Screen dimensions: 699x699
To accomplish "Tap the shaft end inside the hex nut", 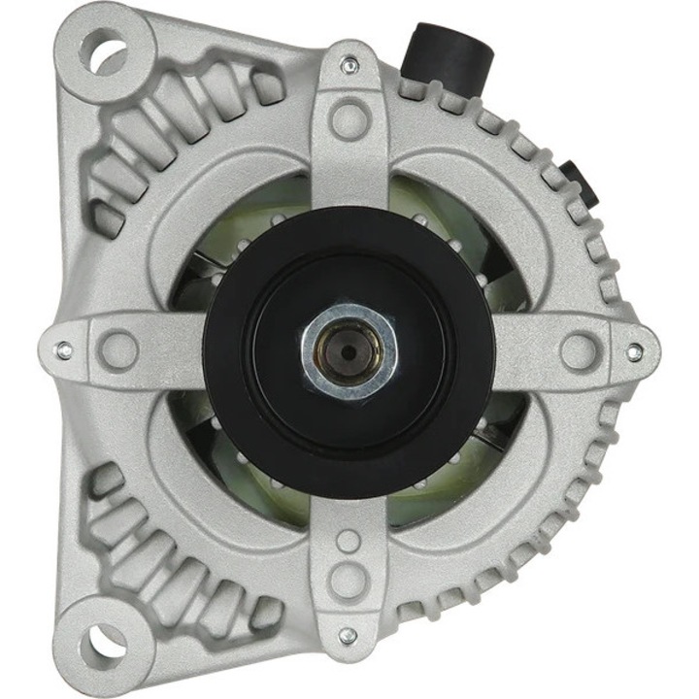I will click(349, 349).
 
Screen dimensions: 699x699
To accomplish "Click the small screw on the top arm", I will click(349, 66).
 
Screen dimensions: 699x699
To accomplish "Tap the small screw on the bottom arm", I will click(347, 636).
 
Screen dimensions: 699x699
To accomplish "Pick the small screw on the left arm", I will click(64, 349).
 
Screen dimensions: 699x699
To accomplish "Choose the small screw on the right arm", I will click(634, 352).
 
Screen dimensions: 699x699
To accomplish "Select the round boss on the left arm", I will click(118, 349).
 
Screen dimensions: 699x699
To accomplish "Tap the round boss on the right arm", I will click(579, 350).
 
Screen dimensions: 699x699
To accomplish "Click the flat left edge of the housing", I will click(60, 243).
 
